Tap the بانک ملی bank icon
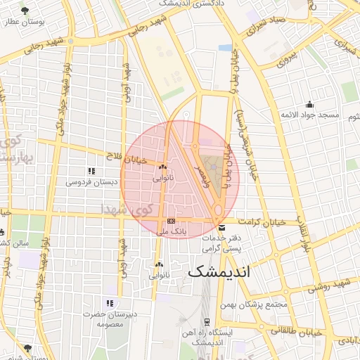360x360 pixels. point(171,221)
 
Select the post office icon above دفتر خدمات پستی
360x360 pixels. point(222,228)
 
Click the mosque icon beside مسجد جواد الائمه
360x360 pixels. point(309,105)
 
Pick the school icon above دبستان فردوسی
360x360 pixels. point(91,171)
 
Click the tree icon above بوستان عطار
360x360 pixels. point(25,11)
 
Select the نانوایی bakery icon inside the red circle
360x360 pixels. point(163,167)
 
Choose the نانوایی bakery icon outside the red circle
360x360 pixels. point(158,265)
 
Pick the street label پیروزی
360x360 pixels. point(286,56)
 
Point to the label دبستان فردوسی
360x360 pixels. point(88,181)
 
